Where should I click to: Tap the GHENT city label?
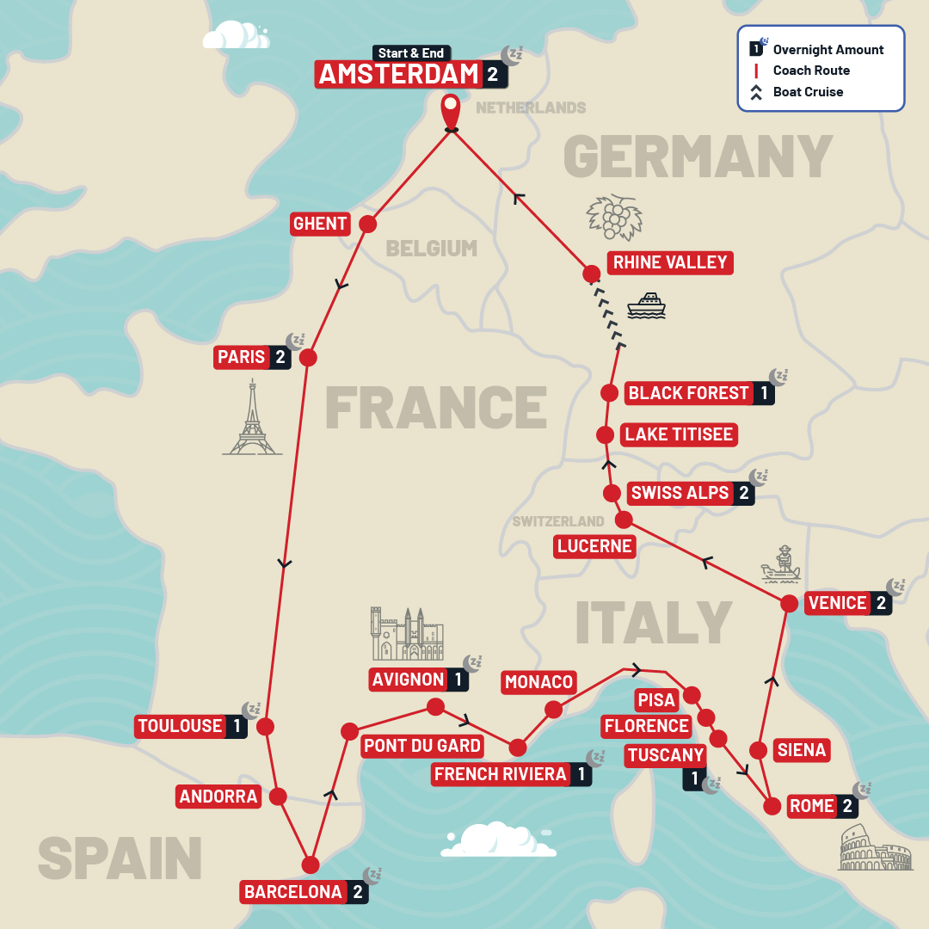click(320, 224)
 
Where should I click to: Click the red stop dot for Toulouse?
click(265, 727)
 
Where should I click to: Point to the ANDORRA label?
click(218, 797)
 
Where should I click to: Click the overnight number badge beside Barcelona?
click(358, 892)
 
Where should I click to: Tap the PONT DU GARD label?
click(421, 745)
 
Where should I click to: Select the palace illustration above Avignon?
click(408, 634)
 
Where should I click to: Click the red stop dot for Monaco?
click(554, 710)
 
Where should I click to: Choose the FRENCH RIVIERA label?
click(500, 774)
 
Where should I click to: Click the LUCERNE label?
click(594, 546)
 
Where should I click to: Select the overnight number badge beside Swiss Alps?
click(744, 494)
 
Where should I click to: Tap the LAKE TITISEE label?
click(679, 434)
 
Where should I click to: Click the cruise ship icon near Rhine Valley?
click(646, 305)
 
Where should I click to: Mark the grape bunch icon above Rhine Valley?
click(614, 216)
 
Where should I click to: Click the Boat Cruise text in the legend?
click(808, 92)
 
